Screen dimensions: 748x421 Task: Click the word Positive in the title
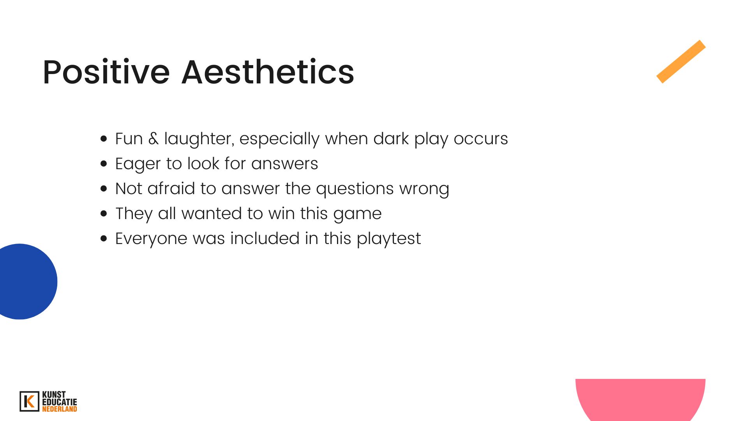click(x=106, y=72)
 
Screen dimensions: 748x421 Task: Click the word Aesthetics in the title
click(x=268, y=72)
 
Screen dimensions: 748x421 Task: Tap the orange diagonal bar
click(x=681, y=62)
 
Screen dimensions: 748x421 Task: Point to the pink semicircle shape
click(x=640, y=400)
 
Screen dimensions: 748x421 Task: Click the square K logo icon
click(x=29, y=402)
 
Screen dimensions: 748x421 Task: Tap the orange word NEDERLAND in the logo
click(x=60, y=409)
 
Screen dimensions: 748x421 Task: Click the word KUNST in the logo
click(x=54, y=395)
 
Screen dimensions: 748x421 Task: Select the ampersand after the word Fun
click(x=154, y=139)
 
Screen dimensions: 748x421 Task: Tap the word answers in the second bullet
click(x=284, y=164)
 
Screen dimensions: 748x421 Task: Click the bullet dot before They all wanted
click(x=104, y=214)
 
